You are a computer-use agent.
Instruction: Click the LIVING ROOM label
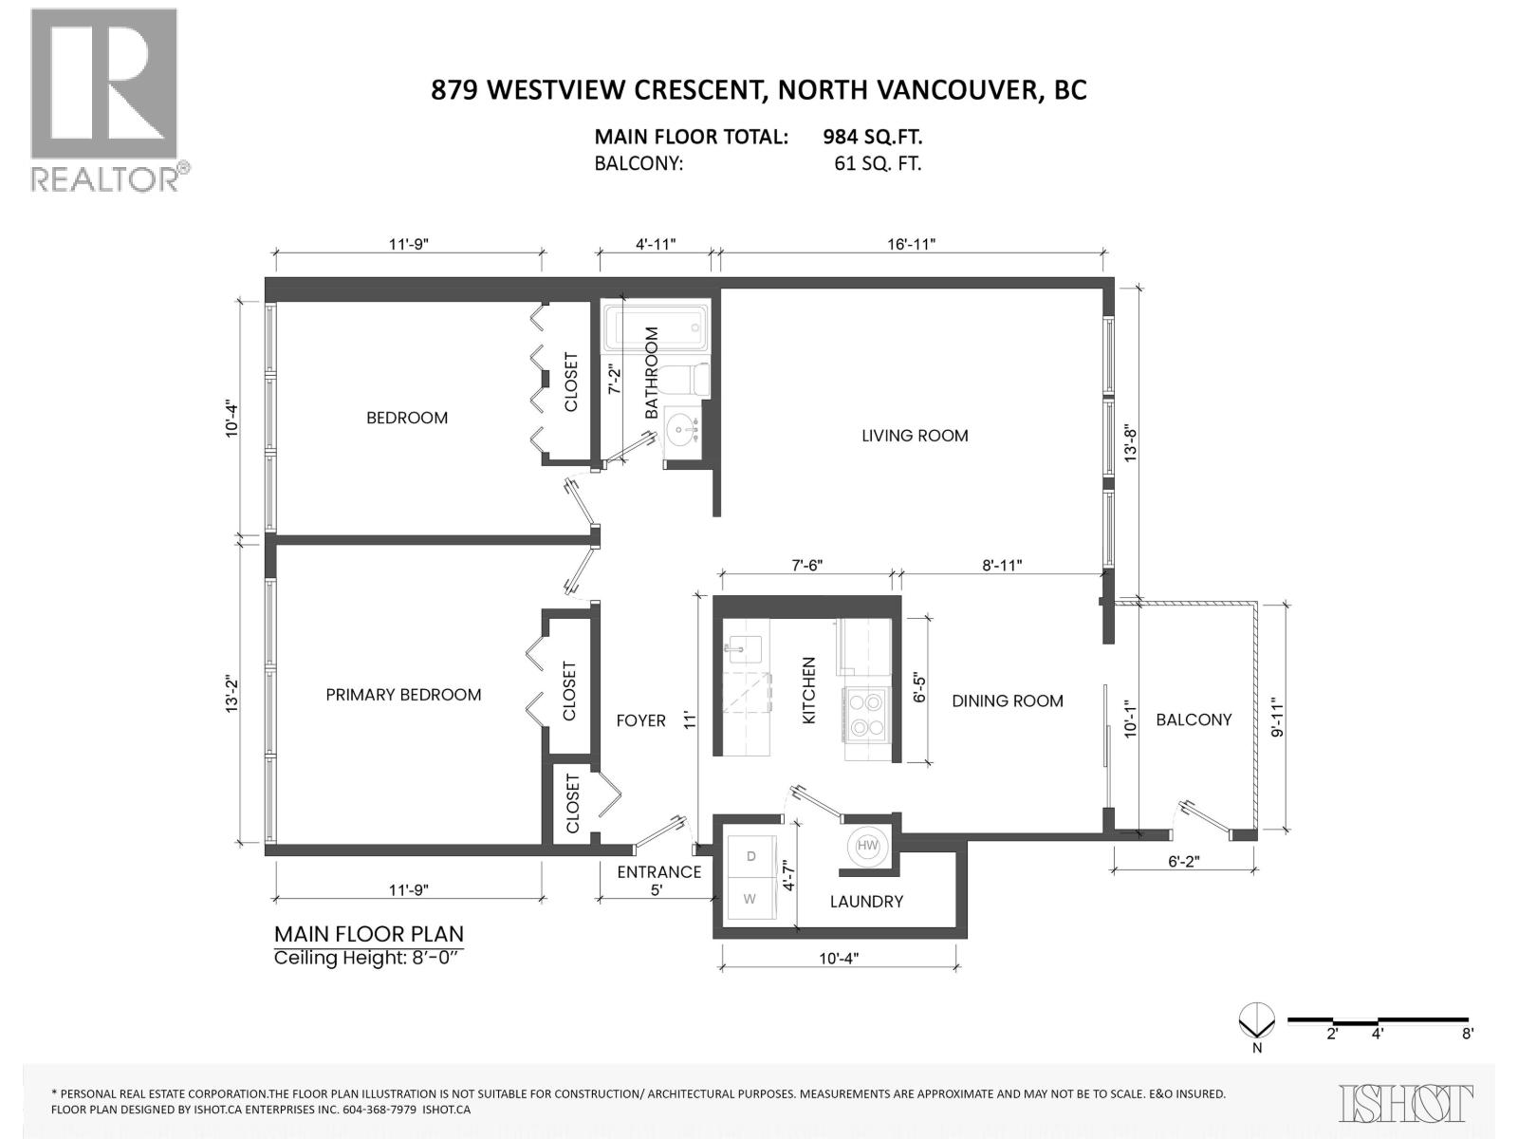(915, 436)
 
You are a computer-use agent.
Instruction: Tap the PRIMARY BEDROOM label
(403, 695)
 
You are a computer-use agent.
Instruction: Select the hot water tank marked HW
(867, 846)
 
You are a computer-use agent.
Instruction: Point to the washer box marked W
(750, 899)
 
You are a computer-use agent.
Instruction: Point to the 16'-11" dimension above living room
(912, 244)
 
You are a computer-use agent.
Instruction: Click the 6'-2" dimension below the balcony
(1183, 862)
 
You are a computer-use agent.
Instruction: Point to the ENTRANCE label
(659, 872)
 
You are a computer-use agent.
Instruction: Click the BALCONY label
(1194, 719)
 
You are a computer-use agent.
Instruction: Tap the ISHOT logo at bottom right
(1406, 1103)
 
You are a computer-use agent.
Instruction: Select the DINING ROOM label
(1008, 700)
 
